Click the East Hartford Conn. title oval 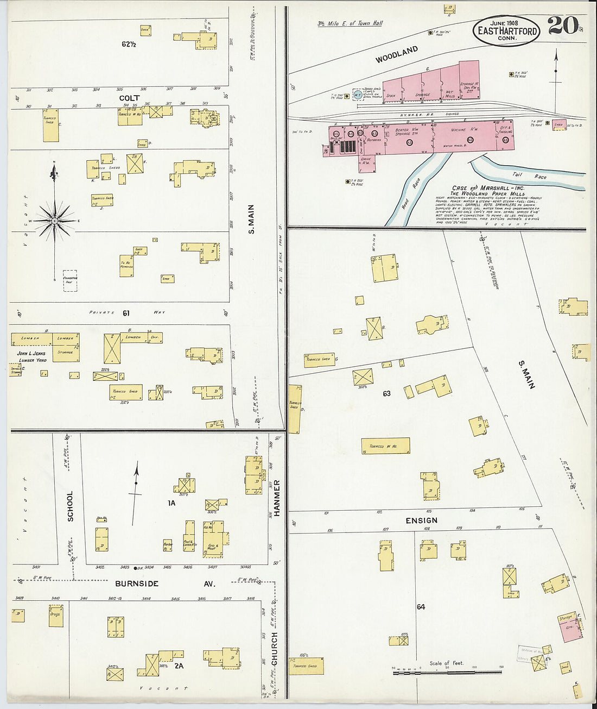(506, 30)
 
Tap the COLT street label (129, 98)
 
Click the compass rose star (55, 221)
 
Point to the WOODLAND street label (397, 54)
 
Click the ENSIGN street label (422, 520)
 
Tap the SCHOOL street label (70, 506)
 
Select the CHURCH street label (275, 648)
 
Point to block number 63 (386, 393)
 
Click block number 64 (421, 607)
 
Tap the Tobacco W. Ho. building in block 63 (385, 446)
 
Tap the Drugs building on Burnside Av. (55, 616)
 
